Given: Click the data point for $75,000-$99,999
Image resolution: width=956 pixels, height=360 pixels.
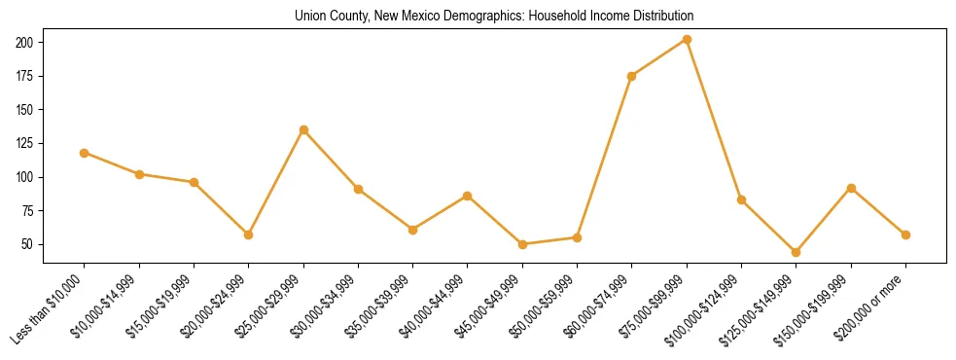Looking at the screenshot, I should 687,40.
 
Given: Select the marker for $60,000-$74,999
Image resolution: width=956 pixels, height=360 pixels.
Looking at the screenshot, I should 632,76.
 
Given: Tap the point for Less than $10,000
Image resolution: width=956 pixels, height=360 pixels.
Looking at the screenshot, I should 84,153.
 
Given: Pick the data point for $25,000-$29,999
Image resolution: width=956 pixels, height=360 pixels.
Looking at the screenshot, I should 303,129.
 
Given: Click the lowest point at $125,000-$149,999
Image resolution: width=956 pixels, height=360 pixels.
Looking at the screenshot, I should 796,252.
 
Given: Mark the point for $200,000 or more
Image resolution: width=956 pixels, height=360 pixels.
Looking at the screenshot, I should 905,234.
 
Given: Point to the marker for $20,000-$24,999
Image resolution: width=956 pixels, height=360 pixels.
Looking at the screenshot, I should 249,234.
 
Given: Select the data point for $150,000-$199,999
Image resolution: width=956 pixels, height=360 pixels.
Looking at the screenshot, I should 851,188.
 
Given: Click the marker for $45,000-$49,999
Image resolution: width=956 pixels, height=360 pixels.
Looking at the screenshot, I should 522,244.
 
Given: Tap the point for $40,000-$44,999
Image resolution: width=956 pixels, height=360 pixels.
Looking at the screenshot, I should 468,196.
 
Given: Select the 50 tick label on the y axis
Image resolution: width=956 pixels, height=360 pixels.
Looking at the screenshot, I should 29,244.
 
